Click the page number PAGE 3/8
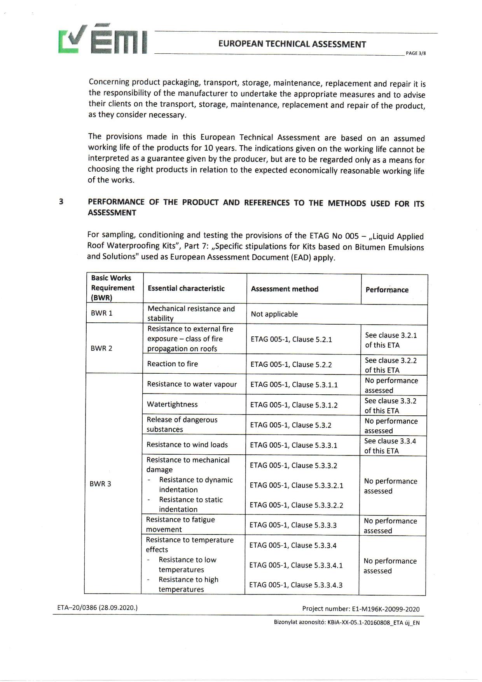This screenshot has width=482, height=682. click(x=416, y=53)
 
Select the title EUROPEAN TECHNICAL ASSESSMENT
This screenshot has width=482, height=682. click(x=292, y=44)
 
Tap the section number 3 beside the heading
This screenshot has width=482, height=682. click(x=61, y=202)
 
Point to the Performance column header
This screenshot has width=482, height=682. click(x=387, y=290)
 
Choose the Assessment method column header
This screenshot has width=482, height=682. click(x=285, y=289)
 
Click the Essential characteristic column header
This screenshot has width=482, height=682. click(x=186, y=288)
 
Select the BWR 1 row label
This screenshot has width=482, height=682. click(x=101, y=313)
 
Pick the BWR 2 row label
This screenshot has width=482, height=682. click(x=101, y=348)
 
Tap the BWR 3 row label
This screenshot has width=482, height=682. click(x=100, y=484)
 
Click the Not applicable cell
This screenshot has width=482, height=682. click(x=274, y=314)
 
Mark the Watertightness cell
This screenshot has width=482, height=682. click(x=172, y=404)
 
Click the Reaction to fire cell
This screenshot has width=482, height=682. click(x=172, y=364)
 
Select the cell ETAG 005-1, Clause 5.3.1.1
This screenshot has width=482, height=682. click(x=294, y=385)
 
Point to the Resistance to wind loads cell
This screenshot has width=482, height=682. click(x=187, y=445)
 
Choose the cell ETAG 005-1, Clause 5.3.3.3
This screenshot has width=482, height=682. click(x=293, y=525)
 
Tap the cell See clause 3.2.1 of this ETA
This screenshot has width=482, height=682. click(x=391, y=340)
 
